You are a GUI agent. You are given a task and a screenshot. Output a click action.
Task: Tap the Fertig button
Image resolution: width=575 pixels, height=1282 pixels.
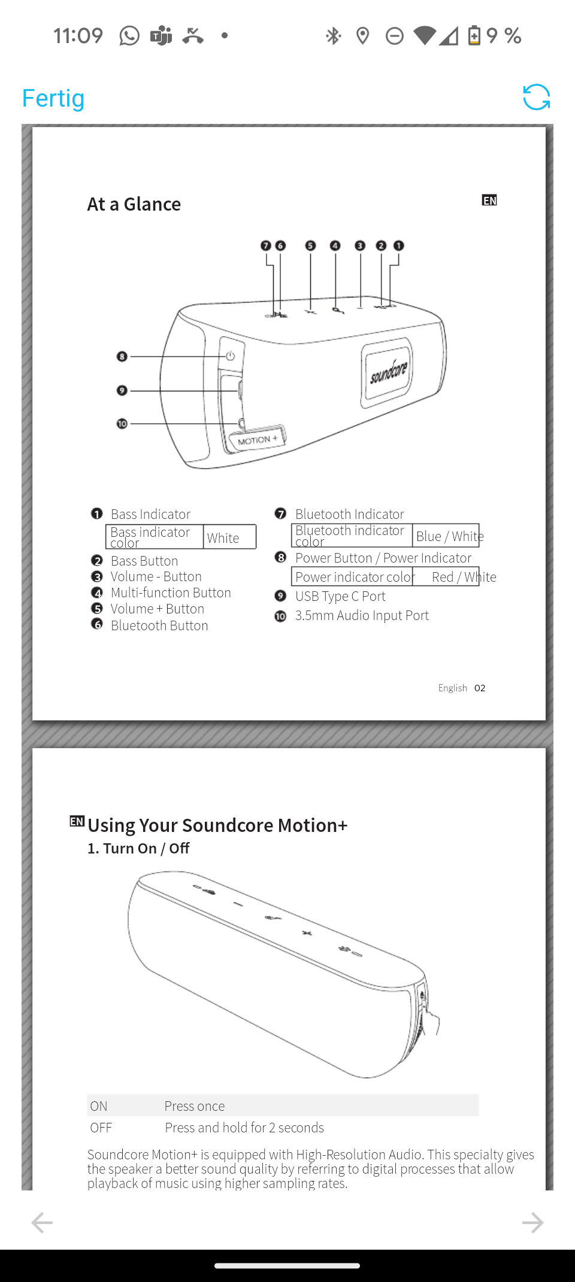click(x=53, y=98)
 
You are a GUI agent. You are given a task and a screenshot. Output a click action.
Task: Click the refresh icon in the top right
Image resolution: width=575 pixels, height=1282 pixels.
click(x=536, y=97)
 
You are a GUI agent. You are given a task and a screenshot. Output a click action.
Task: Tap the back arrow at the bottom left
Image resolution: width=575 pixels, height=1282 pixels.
click(x=42, y=1223)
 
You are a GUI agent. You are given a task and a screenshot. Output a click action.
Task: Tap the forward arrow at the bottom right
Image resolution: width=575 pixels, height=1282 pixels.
click(x=532, y=1223)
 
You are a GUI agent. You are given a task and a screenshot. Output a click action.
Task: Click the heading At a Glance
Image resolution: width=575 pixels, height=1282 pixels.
click(x=134, y=204)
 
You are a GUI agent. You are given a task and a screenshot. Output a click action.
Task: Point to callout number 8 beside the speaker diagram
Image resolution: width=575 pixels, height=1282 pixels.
click(x=122, y=357)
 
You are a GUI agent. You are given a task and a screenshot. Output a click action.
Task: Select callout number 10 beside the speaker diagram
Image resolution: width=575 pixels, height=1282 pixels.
click(x=122, y=424)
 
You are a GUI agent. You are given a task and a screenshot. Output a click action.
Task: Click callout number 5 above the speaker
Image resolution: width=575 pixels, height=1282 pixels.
click(x=310, y=245)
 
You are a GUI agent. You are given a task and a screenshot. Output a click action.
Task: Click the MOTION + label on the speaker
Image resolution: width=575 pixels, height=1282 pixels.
click(x=258, y=441)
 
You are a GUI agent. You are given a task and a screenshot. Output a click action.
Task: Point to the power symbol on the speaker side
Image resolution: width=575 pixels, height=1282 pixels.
click(x=230, y=356)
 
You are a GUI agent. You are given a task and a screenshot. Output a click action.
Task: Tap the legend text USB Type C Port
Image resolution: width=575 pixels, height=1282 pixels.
click(x=340, y=596)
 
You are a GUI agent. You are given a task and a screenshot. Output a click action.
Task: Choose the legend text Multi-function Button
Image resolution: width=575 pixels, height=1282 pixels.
click(x=171, y=593)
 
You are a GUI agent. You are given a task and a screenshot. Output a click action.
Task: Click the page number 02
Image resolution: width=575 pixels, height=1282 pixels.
click(x=480, y=688)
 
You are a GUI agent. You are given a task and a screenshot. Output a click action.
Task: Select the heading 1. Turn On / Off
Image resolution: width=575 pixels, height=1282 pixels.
click(x=138, y=848)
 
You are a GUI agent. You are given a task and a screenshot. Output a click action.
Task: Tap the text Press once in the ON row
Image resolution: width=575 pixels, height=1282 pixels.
click(x=195, y=1106)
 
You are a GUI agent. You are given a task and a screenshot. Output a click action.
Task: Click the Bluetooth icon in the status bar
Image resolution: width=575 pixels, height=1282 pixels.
click(x=333, y=36)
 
